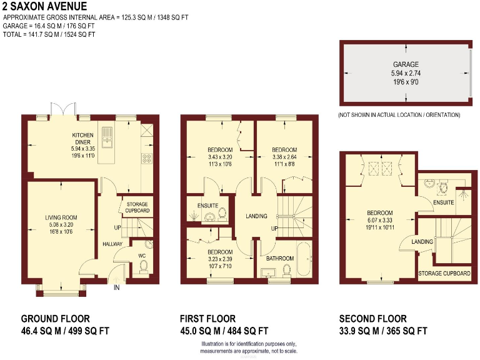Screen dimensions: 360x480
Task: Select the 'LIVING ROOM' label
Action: coord(61,217)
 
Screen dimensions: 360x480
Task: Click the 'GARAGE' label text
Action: coord(406,64)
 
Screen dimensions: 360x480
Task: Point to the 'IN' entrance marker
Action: coord(116,287)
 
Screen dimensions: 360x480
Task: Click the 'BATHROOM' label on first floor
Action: coord(279,257)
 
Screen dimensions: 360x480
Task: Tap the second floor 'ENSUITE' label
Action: coord(444,202)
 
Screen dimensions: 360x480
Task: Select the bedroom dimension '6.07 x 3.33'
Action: coord(380,220)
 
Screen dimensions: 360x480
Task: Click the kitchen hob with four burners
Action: coord(148,159)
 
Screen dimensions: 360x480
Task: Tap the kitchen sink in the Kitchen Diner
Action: coord(107,134)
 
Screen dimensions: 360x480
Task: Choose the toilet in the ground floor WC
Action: coord(143,266)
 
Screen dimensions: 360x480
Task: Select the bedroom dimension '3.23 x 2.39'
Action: coord(220,259)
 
